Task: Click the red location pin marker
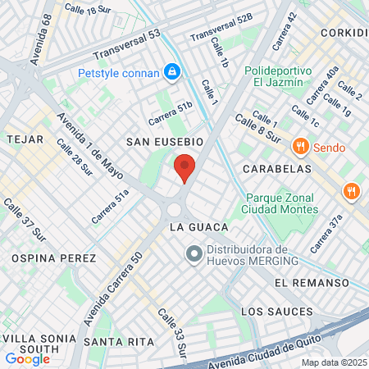tap(184, 168)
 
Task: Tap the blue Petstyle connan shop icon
tap(172, 73)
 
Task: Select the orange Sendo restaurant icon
tap(300, 148)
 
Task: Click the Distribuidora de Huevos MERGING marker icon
tap(194, 255)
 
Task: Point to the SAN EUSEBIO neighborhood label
tap(158, 142)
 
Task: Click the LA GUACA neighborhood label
tap(193, 225)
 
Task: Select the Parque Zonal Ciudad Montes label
tap(280, 203)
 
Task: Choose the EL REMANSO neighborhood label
tap(305, 282)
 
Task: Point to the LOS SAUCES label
tap(277, 312)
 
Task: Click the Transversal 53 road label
tap(126, 47)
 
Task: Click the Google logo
tap(27, 358)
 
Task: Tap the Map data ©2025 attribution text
tap(334, 362)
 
